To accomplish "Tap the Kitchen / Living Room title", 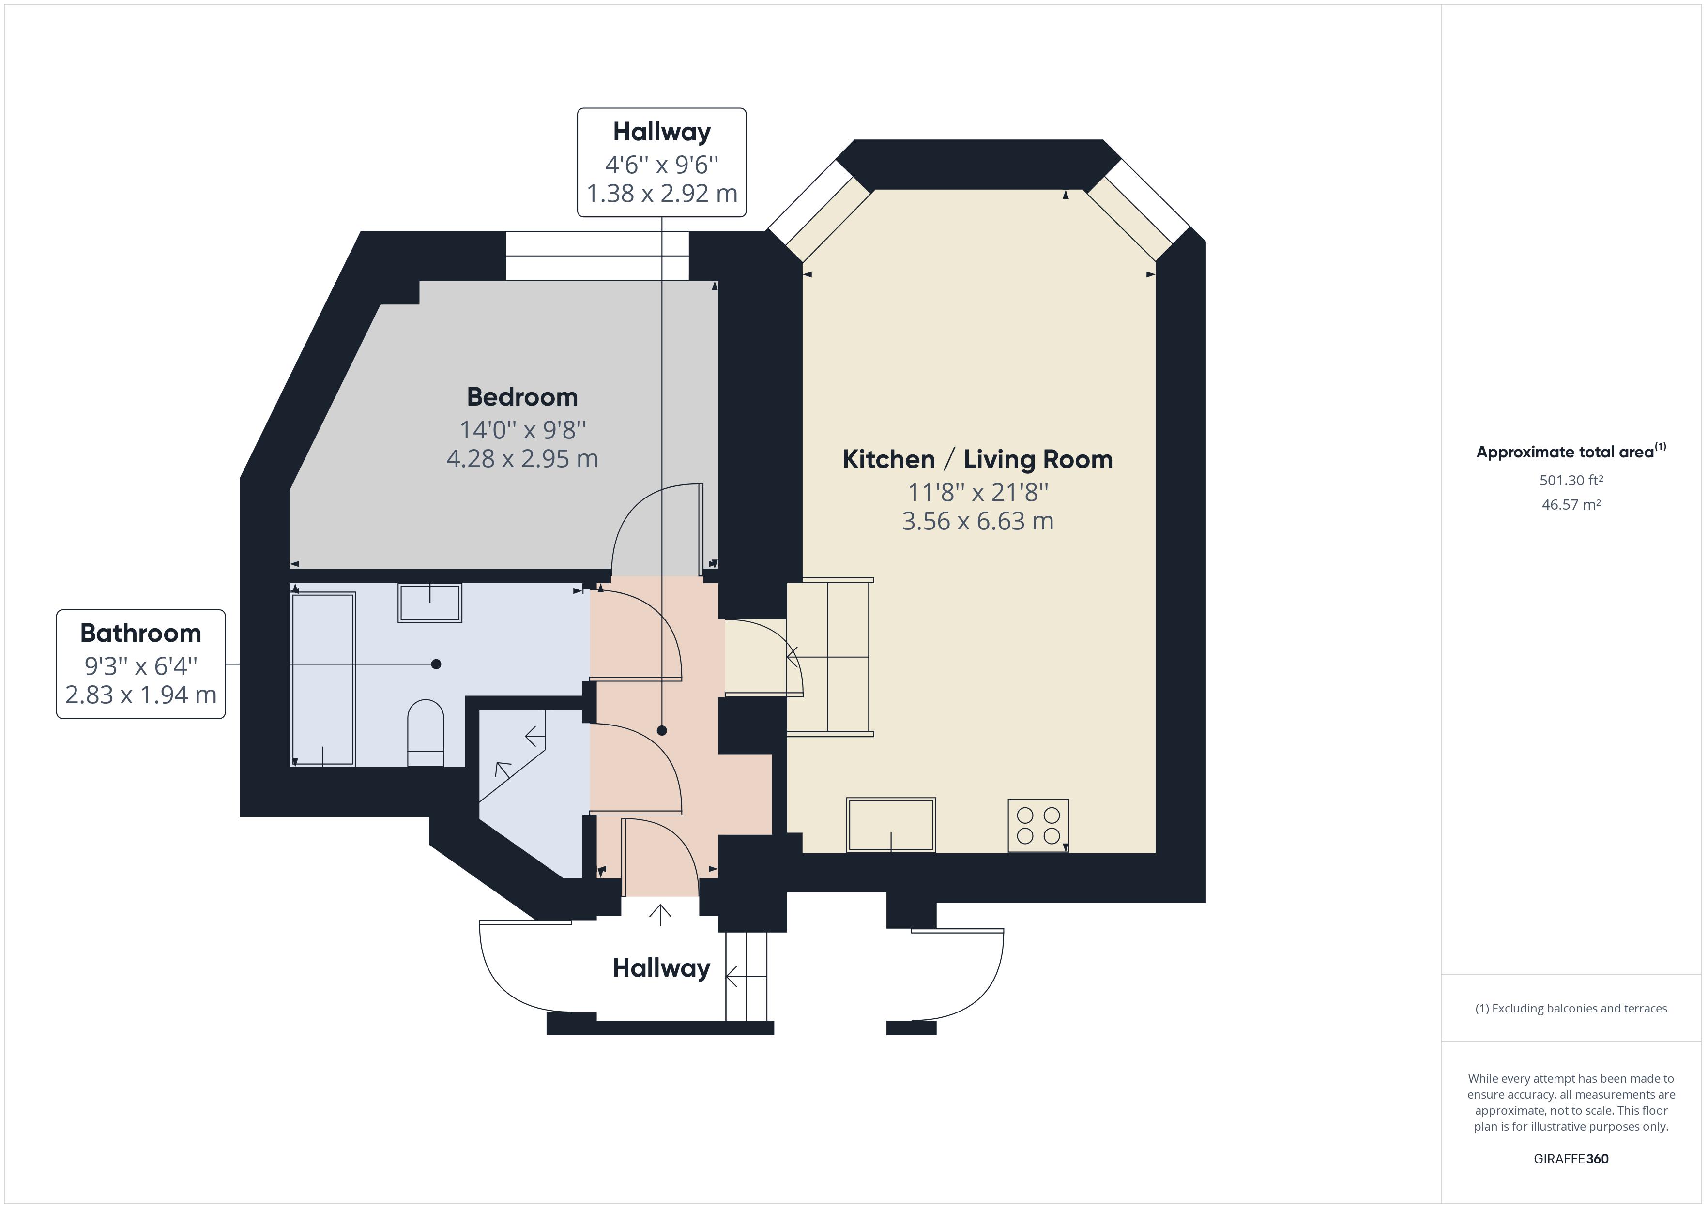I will pos(977,460).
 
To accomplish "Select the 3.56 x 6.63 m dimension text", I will pos(977,521).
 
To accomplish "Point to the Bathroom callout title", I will pos(140,633).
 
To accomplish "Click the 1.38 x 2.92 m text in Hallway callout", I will pos(661,194).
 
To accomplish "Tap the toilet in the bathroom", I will pos(426,733).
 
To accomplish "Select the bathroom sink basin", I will pos(430,602).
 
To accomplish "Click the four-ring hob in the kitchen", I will pos(1038,825).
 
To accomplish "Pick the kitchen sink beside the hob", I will pos(890,824).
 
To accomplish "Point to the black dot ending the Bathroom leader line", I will pos(436,664).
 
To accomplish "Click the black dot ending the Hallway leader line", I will pos(661,730).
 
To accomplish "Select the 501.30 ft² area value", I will pos(1571,481).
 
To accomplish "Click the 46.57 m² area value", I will pos(1571,504).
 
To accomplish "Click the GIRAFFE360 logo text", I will pos(1571,1158).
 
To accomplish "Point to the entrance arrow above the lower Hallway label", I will pos(660,914).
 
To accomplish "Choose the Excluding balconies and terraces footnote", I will pos(1571,1009).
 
